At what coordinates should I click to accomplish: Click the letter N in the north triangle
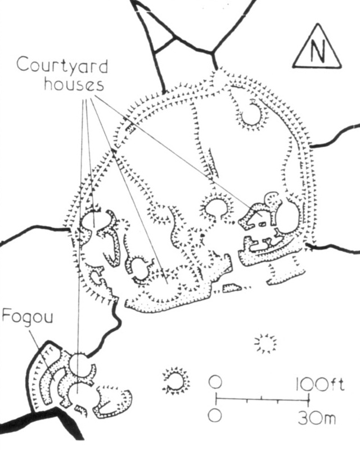[x=318, y=51]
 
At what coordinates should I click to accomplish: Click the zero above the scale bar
[x=214, y=382]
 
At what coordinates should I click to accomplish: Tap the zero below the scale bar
[x=214, y=416]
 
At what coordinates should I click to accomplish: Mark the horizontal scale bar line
[x=262, y=400]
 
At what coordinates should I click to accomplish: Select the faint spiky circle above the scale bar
[x=265, y=343]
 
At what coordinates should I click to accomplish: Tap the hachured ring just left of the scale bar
[x=175, y=381]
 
